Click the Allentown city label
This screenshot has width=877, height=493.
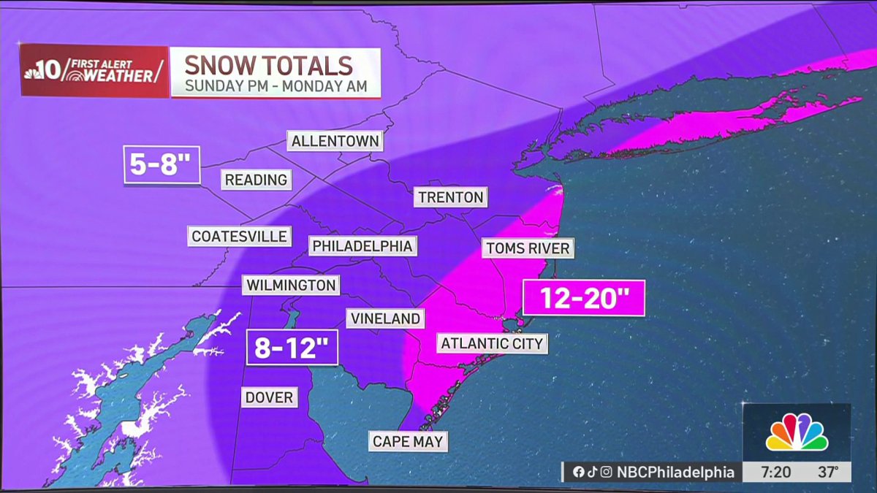[335, 141]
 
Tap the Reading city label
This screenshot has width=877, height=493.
[256, 180]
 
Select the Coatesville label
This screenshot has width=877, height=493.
[239, 236]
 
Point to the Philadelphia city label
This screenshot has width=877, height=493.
[362, 246]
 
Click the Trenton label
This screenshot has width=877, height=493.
[450, 197]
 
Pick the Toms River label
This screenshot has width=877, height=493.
[527, 248]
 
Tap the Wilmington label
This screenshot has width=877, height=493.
[291, 285]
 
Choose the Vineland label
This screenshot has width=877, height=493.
[385, 318]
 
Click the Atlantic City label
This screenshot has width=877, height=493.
[492, 343]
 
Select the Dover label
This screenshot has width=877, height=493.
[269, 397]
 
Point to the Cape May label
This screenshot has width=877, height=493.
[407, 441]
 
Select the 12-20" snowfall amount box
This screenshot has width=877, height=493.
[583, 298]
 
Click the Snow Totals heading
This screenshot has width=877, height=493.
[268, 65]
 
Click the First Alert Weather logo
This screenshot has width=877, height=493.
[94, 71]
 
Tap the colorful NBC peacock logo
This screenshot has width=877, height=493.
[797, 433]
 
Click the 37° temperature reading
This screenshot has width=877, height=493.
[828, 473]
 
